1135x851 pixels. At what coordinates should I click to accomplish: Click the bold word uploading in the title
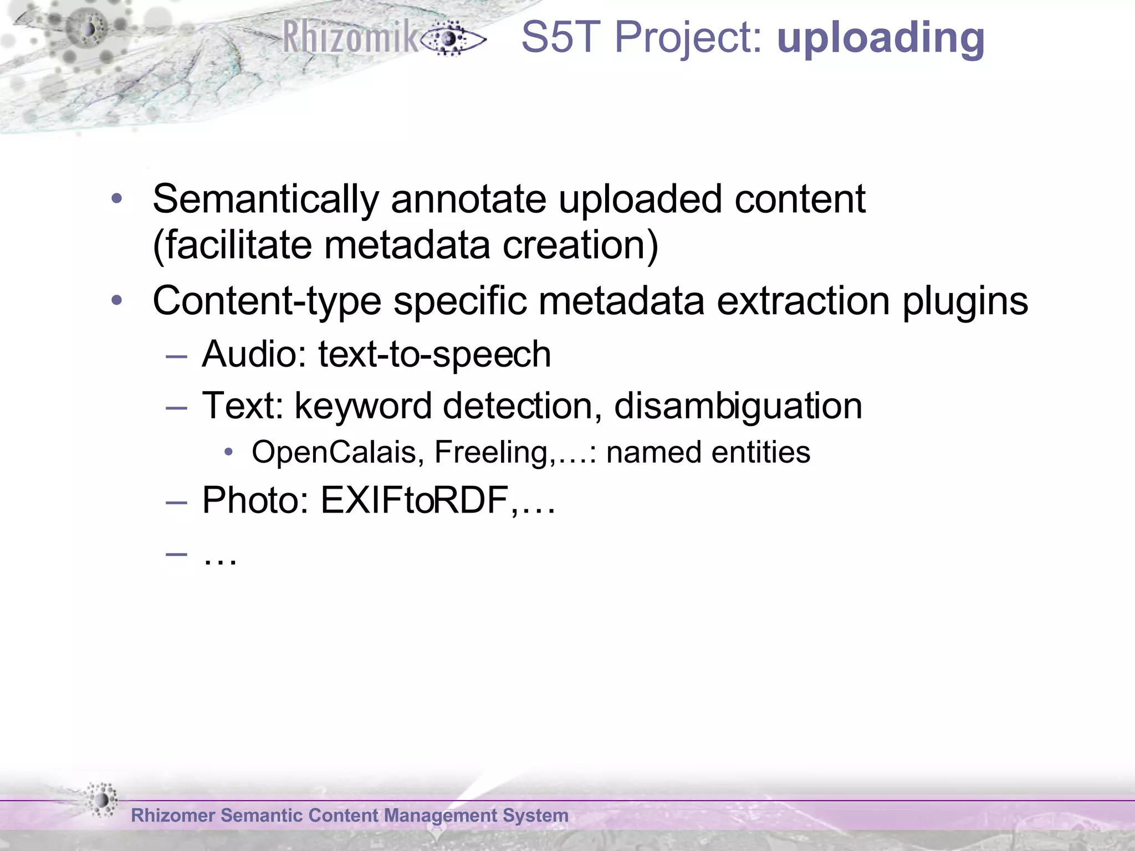point(881,39)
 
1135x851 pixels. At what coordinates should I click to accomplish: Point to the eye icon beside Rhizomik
point(452,39)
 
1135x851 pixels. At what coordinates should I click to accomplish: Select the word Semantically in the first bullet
point(265,199)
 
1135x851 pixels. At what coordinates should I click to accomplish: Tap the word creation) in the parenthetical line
point(580,245)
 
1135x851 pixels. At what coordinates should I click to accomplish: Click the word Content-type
point(267,302)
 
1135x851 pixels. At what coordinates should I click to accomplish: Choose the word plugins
point(965,302)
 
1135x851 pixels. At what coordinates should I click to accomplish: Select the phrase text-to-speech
point(434,355)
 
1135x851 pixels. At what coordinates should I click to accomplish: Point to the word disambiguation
point(738,406)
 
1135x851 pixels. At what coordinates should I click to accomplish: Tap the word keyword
point(362,406)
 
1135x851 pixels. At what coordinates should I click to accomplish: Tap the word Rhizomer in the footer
point(173,816)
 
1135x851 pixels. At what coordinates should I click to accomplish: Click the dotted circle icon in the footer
point(101,799)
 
